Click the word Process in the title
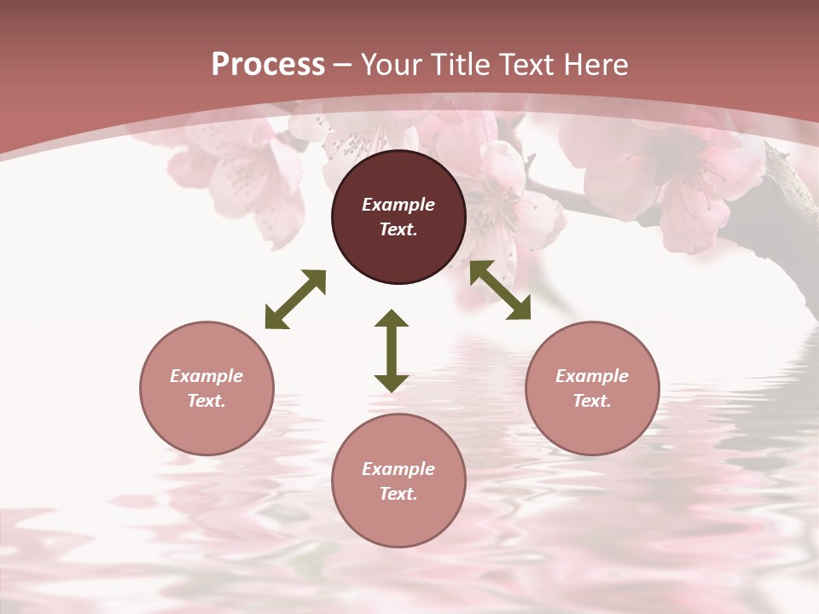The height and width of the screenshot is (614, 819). (268, 65)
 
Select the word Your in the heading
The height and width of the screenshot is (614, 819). (391, 65)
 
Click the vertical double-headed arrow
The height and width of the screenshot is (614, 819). (392, 350)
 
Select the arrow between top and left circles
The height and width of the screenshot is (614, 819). (295, 299)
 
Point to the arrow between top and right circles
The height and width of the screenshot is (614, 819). (500, 290)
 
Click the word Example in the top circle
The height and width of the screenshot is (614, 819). (398, 205)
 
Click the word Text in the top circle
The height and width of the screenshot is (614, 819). (398, 229)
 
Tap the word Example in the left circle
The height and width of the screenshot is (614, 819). (206, 376)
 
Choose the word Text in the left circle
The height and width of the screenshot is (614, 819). (206, 401)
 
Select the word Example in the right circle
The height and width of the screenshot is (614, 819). (592, 376)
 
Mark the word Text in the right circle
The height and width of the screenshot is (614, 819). (592, 401)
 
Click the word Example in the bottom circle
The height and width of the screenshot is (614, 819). (398, 469)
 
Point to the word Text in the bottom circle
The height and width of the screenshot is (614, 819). (398, 494)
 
